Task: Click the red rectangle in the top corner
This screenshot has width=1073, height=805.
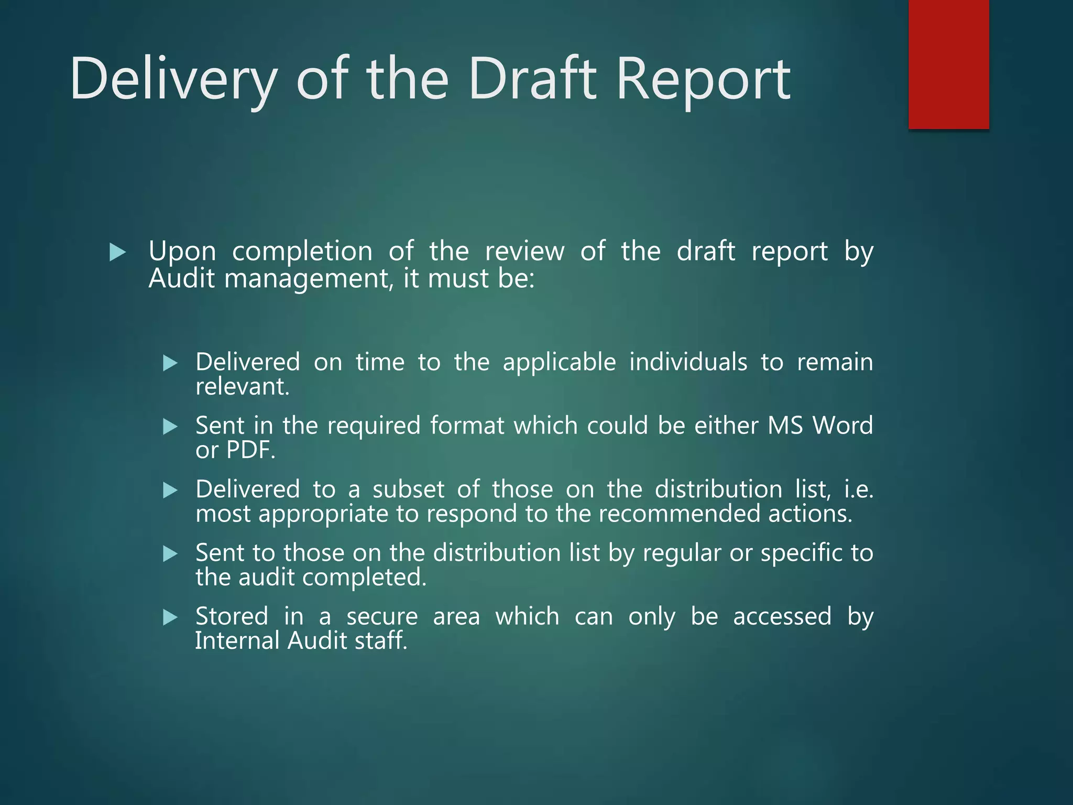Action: point(948,64)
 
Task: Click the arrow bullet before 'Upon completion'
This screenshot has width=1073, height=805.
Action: point(118,253)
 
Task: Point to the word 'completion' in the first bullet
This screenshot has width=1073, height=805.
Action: point(302,252)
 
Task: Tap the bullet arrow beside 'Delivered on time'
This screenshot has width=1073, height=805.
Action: point(170,363)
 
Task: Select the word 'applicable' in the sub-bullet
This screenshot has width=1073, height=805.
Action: point(559,362)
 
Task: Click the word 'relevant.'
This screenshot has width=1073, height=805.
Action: point(242,387)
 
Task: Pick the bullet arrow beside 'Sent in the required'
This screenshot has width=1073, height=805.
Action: point(170,427)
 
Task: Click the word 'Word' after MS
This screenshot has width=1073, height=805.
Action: point(842,425)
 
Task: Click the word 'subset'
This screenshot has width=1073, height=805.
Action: point(408,489)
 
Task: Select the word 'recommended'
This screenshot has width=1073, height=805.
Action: point(679,514)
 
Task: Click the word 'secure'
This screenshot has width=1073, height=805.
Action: point(382,616)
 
